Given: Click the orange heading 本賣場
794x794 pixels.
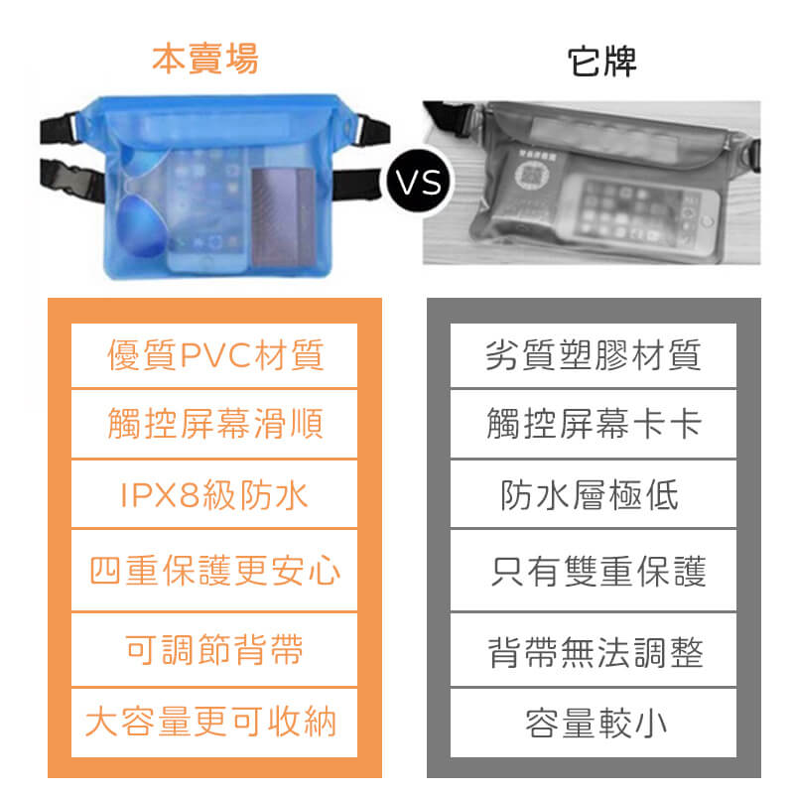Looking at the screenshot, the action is click(205, 60).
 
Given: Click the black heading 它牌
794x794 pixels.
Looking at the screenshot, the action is click(601, 62).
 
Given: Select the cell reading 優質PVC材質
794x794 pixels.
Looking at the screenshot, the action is click(214, 355).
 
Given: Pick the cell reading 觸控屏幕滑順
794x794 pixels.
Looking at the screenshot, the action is click(214, 424).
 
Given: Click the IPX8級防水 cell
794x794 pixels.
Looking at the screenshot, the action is click(214, 493).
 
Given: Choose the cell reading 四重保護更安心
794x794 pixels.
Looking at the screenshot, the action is click(214, 570).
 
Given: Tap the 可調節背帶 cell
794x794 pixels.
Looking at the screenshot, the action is click(214, 649).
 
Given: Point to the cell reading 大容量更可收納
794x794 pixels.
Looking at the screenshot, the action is click(214, 723).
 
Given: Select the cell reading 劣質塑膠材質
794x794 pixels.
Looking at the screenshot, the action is click(594, 355).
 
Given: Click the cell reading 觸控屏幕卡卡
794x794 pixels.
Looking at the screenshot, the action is click(594, 424).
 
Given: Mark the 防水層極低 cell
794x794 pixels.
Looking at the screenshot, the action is click(594, 493).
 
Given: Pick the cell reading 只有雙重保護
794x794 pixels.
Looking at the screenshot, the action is click(594, 570).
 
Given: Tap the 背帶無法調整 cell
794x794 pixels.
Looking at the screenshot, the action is click(594, 649).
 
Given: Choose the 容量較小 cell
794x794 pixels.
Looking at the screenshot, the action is click(594, 723).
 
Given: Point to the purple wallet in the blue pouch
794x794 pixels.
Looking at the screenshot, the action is click(283, 216).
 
